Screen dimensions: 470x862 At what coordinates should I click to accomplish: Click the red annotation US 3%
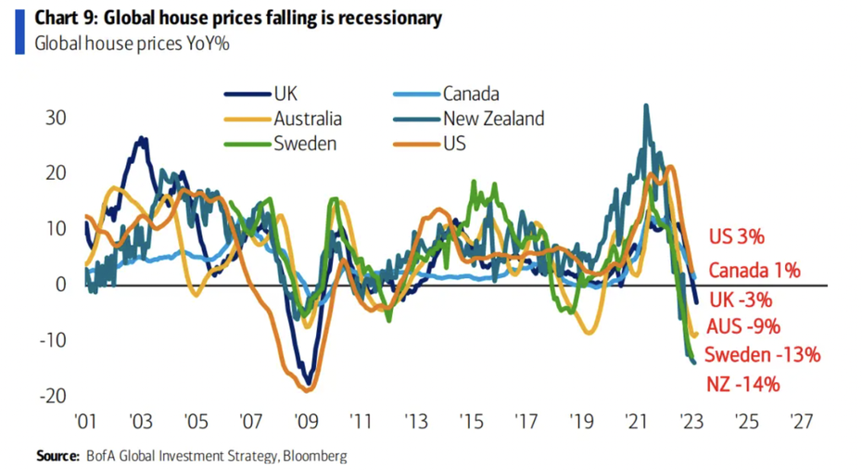pyautogui.click(x=737, y=236)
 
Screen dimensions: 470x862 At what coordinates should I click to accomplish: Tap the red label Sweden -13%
pyautogui.click(x=762, y=355)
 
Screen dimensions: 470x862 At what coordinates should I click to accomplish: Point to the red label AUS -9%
pyautogui.click(x=743, y=326)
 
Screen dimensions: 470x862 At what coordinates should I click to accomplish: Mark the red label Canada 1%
pyautogui.click(x=754, y=271)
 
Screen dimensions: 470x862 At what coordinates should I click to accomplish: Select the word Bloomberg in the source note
pyautogui.click(x=314, y=456)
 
